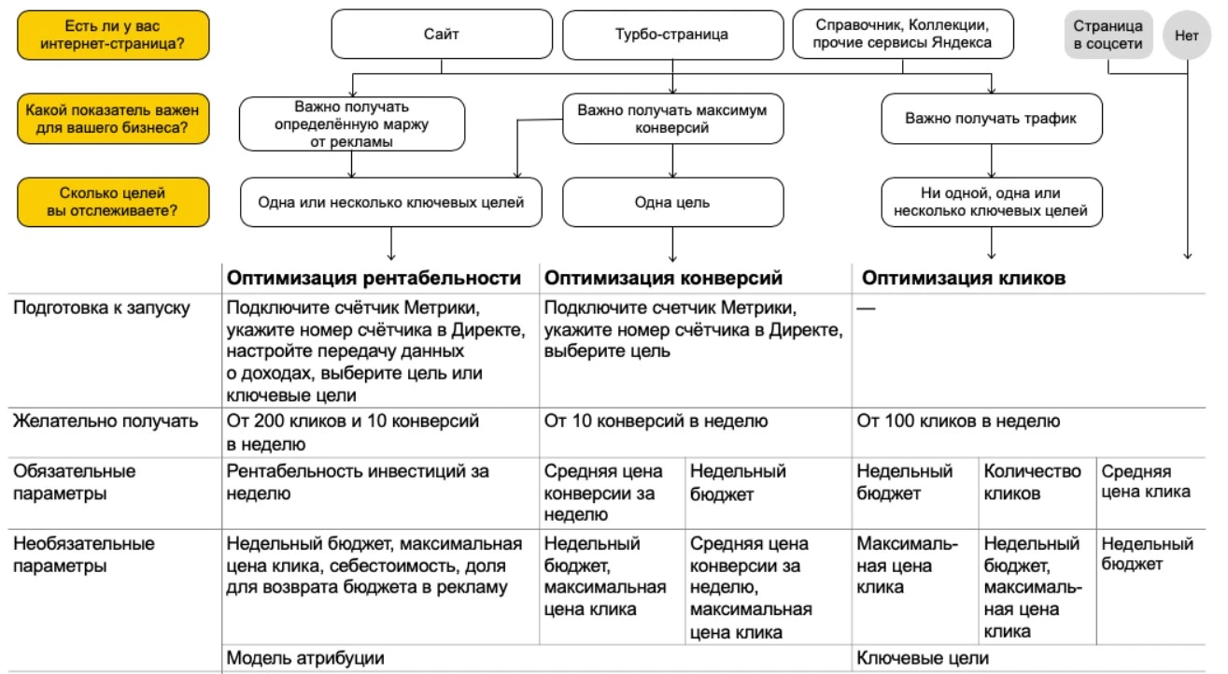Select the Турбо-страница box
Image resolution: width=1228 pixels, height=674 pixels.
(x=671, y=35)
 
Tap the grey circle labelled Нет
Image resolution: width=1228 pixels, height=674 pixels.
(x=1187, y=36)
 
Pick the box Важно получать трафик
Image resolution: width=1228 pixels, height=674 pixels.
(x=990, y=119)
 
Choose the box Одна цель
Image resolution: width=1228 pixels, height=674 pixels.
(x=671, y=202)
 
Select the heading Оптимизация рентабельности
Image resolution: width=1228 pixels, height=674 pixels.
(x=374, y=278)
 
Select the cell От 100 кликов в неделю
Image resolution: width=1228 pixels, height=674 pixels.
(x=958, y=422)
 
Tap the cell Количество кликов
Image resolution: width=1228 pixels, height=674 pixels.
(x=1032, y=482)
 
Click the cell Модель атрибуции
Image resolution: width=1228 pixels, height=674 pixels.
(x=305, y=658)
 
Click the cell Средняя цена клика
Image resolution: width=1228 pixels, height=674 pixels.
(x=1146, y=482)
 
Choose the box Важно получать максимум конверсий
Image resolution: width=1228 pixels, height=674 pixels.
(x=671, y=119)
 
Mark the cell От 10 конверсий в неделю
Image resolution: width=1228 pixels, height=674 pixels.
(x=656, y=422)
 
